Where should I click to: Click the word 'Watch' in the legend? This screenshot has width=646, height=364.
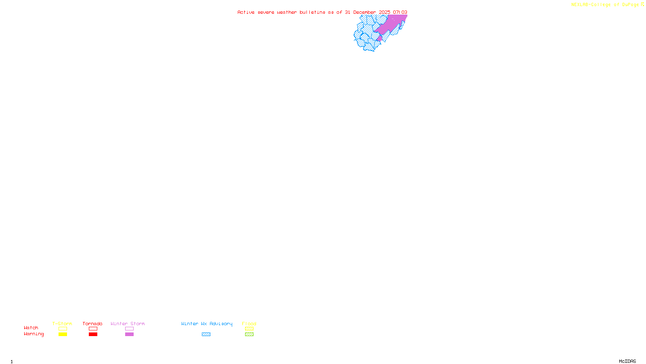(31, 328)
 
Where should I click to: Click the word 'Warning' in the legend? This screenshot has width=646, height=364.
(34, 334)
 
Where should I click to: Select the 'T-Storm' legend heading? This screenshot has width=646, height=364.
(62, 324)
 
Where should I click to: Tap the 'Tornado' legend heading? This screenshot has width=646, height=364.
(92, 324)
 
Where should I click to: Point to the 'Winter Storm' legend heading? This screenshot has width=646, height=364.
(128, 324)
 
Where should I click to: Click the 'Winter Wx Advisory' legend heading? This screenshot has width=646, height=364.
(207, 324)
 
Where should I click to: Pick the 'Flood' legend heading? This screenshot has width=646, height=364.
(249, 324)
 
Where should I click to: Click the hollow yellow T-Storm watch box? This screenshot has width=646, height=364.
(63, 329)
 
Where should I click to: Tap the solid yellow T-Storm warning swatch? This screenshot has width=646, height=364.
(63, 334)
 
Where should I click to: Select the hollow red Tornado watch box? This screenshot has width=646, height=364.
(93, 329)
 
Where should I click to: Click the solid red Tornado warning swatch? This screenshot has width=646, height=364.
(93, 334)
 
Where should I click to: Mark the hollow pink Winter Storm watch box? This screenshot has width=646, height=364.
(129, 329)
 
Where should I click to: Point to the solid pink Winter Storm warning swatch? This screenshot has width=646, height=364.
(129, 334)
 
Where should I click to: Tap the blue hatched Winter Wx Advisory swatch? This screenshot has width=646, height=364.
(206, 334)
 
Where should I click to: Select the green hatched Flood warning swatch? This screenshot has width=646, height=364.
(249, 334)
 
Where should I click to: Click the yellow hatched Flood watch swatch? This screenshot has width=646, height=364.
(249, 329)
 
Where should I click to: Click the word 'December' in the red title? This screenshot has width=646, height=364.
(365, 12)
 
